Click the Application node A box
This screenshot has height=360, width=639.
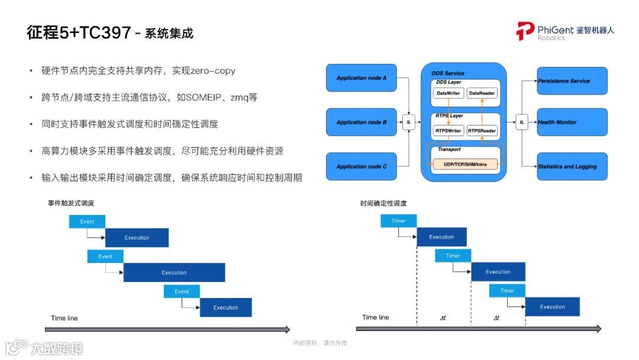pyautogui.click(x=362, y=78)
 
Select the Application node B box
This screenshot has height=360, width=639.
pyautogui.click(x=362, y=123)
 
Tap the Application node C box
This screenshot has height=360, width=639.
pyautogui.click(x=362, y=166)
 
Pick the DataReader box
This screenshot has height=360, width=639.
pyautogui.click(x=482, y=94)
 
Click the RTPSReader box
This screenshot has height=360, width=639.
pyautogui.click(x=482, y=130)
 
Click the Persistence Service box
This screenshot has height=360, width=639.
pyautogui.click(x=572, y=81)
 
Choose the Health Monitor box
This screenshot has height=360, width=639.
pyautogui.click(x=572, y=122)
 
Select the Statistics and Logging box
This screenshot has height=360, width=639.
pyautogui.click(x=572, y=166)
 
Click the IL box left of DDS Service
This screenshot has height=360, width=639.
pyautogui.click(x=409, y=123)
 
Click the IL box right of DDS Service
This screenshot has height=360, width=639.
pyautogui.click(x=521, y=123)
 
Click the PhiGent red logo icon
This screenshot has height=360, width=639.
pyautogui.click(x=525, y=30)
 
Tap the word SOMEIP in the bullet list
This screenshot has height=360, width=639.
pyautogui.click(x=204, y=97)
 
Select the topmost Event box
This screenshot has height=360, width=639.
pyautogui.click(x=87, y=221)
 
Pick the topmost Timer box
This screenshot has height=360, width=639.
pyautogui.click(x=398, y=221)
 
